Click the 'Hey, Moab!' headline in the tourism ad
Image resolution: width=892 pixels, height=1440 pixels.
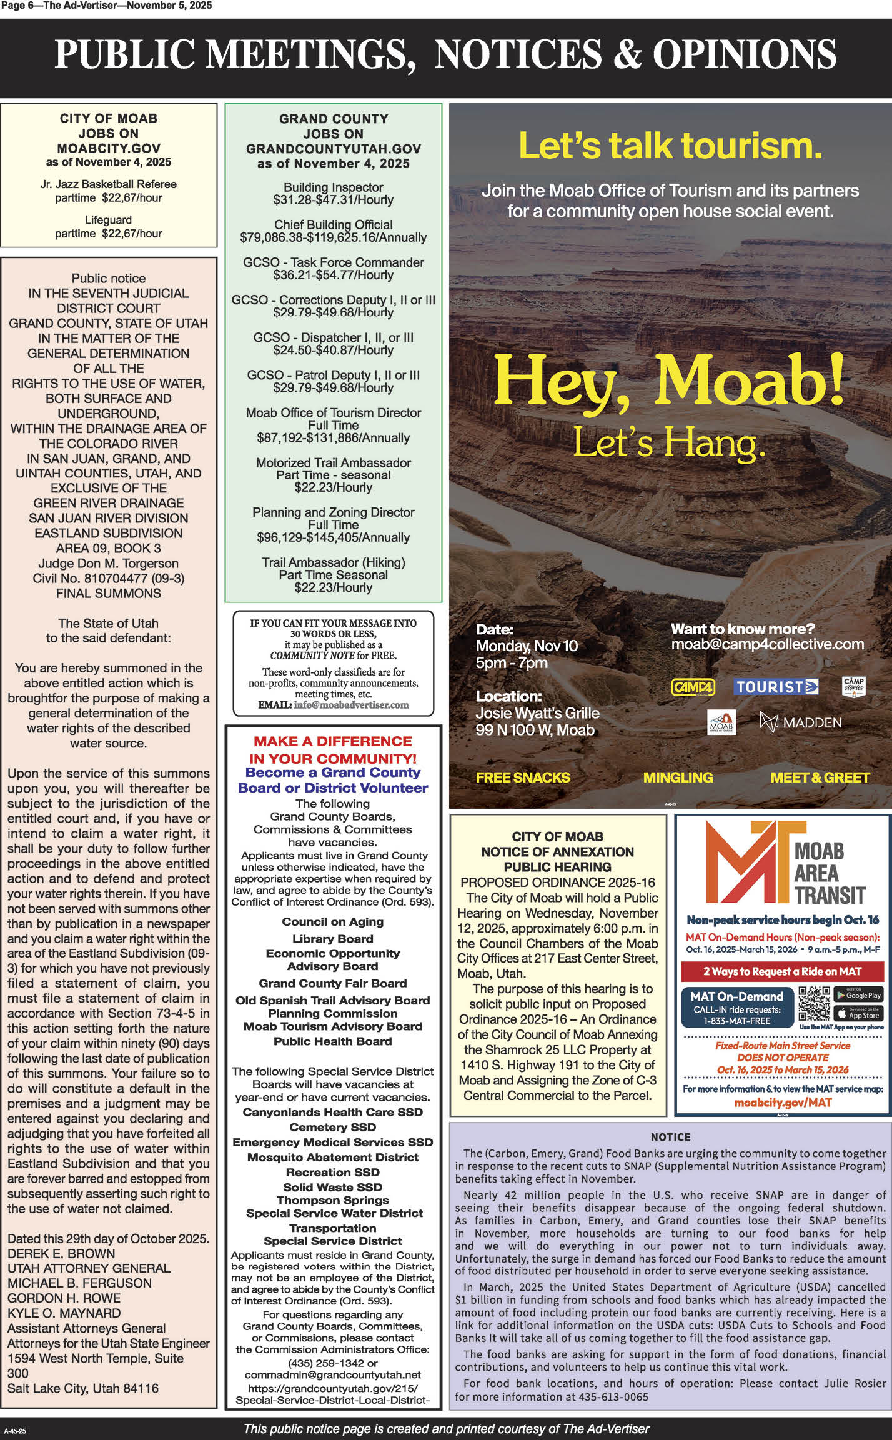pyautogui.click(x=668, y=379)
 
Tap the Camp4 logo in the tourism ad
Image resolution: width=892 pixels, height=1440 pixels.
pyautogui.click(x=693, y=687)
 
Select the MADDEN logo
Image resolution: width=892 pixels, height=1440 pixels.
pyautogui.click(x=800, y=722)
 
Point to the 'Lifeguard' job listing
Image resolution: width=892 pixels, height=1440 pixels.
pyautogui.click(x=108, y=220)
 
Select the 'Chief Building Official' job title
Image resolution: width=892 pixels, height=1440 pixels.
pyautogui.click(x=333, y=225)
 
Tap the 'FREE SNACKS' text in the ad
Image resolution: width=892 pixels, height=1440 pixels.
pyautogui.click(x=523, y=777)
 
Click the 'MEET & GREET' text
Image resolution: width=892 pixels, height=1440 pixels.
pyautogui.click(x=820, y=777)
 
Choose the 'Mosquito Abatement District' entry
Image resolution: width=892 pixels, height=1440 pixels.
pyautogui.click(x=333, y=1157)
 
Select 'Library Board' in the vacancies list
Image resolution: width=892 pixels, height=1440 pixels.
pyautogui.click(x=333, y=939)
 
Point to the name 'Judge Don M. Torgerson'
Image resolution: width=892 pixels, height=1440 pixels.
pyautogui.click(x=108, y=563)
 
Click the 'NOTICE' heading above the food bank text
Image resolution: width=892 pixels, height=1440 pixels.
pyautogui.click(x=670, y=1137)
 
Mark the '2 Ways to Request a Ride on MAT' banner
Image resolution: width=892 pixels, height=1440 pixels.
pyautogui.click(x=782, y=971)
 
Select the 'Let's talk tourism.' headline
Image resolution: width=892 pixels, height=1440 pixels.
pyautogui.click(x=670, y=145)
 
